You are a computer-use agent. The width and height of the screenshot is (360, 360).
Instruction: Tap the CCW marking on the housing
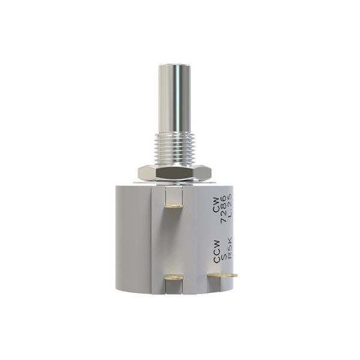pos(217,251)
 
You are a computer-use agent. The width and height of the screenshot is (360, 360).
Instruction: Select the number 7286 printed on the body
pos(224,209)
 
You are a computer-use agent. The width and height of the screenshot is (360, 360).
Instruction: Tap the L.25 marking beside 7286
pos(230,205)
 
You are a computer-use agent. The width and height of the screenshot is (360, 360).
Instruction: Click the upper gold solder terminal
pos(174,206)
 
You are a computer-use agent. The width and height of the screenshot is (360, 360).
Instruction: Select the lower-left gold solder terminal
pos(173,277)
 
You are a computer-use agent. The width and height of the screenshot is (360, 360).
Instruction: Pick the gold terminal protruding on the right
pos(222,275)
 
